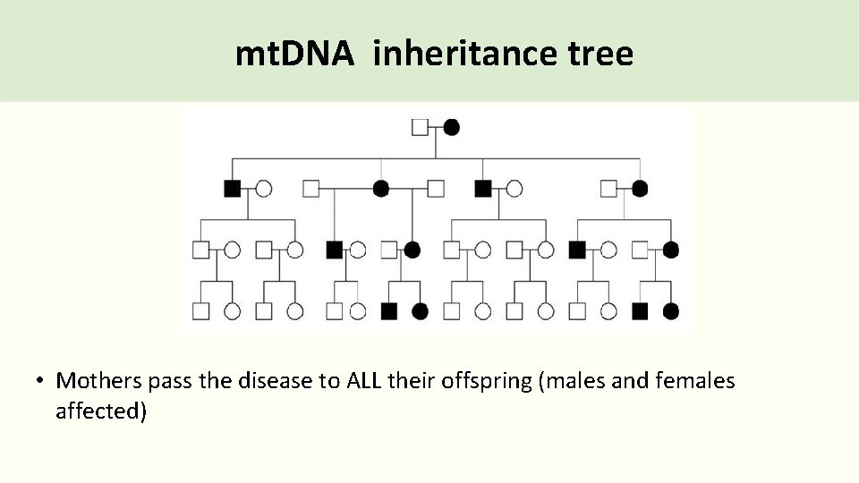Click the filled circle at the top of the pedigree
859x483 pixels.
(x=452, y=127)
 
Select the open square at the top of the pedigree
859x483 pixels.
(x=420, y=127)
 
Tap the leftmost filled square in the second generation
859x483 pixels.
(x=232, y=188)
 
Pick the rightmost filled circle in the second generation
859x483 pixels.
(x=640, y=188)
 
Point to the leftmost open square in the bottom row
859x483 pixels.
(x=201, y=311)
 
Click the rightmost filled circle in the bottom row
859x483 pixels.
(x=671, y=311)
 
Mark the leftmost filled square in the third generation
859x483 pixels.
(x=334, y=250)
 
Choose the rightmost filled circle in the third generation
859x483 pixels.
(x=671, y=250)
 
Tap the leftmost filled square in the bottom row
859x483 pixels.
(x=388, y=311)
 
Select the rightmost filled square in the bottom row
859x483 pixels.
(x=640, y=311)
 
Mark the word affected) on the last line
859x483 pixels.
(x=101, y=412)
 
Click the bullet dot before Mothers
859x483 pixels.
(x=41, y=382)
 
